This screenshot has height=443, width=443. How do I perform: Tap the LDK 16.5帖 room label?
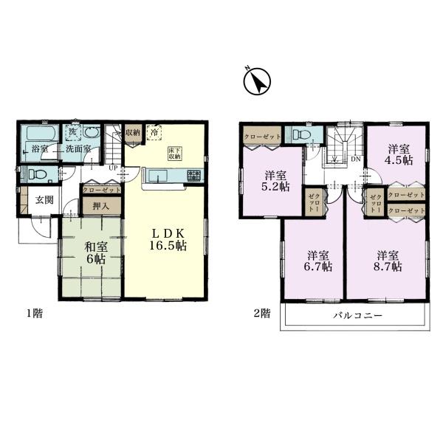(x=168, y=240)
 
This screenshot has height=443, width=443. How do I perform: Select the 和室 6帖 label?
(x=96, y=253)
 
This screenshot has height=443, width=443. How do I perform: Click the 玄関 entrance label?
(x=44, y=200)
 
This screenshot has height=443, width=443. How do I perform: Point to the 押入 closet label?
(x=101, y=206)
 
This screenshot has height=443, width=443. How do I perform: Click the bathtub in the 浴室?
(x=42, y=133)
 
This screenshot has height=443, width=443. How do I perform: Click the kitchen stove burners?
(x=194, y=175)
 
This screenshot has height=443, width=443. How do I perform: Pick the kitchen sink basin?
(x=158, y=176)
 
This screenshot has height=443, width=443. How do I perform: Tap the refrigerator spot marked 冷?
(x=154, y=132)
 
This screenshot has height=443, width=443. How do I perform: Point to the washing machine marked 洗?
(x=73, y=132)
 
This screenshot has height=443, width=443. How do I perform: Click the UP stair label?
(x=113, y=168)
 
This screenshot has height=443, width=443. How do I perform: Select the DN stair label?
(x=356, y=159)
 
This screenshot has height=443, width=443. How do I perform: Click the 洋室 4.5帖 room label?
(x=399, y=154)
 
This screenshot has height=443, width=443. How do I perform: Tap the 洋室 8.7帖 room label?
(x=388, y=261)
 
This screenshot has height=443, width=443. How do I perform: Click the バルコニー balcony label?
(x=357, y=315)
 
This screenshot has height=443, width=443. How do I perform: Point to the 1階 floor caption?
(x=34, y=313)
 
